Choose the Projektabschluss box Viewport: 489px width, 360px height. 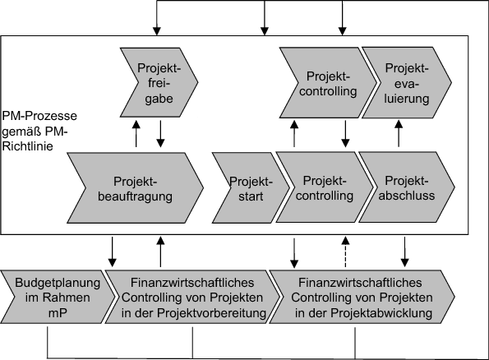click(x=405, y=188)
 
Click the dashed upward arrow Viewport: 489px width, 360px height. click(x=345, y=251)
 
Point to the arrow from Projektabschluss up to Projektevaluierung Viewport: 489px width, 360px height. click(x=399, y=133)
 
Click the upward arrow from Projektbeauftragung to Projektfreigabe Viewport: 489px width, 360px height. click(x=138, y=133)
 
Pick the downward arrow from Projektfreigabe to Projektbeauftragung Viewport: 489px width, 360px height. click(x=161, y=133)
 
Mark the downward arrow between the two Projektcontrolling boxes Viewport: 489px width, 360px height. click(x=345, y=133)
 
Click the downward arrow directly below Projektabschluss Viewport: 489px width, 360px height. click(x=405, y=251)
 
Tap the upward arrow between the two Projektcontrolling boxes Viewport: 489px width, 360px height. click(x=293, y=133)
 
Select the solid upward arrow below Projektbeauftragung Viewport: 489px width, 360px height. click(x=161, y=251)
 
